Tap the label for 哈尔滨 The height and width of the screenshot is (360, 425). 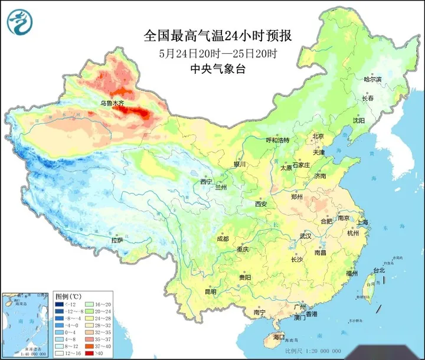click(x=372, y=79)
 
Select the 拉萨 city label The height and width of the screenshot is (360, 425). click(x=117, y=240)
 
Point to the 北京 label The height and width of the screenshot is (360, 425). click(x=318, y=136)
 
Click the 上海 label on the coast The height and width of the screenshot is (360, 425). click(x=363, y=222)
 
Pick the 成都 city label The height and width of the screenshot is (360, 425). click(x=223, y=239)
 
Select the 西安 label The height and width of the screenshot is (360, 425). click(x=261, y=204)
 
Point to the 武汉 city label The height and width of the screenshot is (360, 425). click(x=305, y=235)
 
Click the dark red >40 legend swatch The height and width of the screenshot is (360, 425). click(x=90, y=354)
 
